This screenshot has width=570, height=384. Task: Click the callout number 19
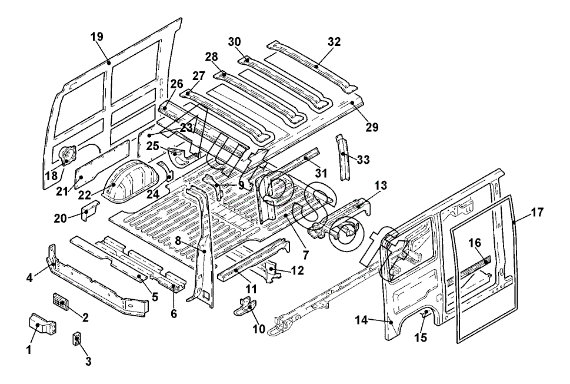pos(97,37)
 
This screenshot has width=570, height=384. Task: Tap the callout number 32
pos(334,42)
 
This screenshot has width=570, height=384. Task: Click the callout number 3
pos(88,362)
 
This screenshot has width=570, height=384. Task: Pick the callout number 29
pos(371,127)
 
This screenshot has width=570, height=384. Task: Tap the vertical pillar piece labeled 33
pos(342,158)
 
